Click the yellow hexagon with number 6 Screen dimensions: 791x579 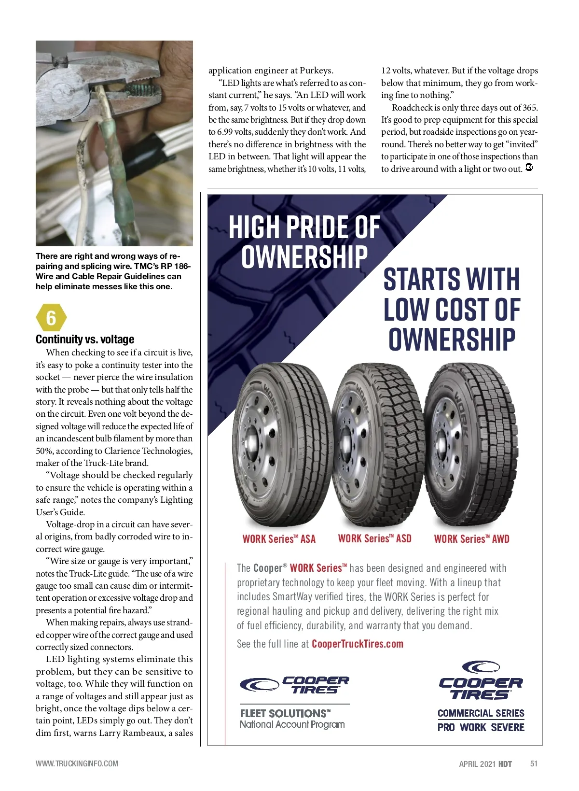[51, 318]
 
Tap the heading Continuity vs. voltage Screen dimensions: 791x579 [85, 339]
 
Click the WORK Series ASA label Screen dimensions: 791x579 [279, 539]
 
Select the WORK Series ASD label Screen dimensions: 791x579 [375, 538]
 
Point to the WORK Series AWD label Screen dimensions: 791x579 [471, 539]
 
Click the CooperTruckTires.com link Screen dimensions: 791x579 [358, 644]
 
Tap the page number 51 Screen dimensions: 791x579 [534, 763]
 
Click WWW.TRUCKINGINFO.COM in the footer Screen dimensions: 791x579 [77, 763]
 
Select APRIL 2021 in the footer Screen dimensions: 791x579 [477, 764]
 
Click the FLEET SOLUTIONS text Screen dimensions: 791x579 [285, 713]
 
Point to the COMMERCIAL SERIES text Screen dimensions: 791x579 [481, 713]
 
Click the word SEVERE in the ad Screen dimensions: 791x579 [508, 727]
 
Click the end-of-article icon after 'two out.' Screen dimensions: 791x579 [529, 168]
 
